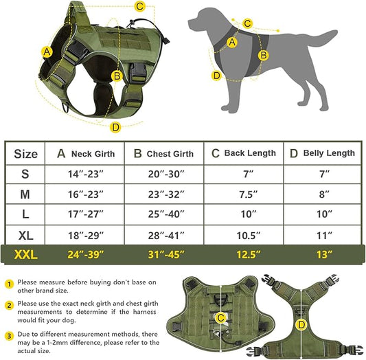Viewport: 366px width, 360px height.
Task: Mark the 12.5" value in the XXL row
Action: tap(244, 256)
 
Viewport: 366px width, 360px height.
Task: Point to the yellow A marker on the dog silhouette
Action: tap(232, 43)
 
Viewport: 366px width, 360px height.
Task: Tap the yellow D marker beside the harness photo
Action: tap(115, 126)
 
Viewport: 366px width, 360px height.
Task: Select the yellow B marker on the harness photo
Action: tap(117, 76)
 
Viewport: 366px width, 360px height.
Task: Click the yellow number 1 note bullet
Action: tap(9, 282)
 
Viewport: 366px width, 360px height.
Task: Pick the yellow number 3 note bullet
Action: tap(9, 336)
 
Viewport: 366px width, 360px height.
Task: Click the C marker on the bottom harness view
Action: tap(221, 317)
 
